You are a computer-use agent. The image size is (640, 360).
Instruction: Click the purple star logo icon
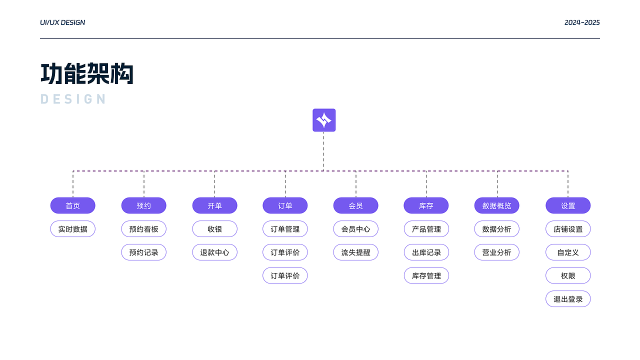324,120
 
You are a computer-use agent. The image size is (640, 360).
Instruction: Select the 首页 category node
72,205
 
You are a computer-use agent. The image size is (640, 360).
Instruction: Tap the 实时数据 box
72,229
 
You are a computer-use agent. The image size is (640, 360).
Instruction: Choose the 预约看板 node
143,229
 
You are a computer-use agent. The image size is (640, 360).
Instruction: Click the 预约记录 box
143,252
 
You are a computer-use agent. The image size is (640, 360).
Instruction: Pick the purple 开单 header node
214,205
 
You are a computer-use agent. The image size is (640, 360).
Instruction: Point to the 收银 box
214,229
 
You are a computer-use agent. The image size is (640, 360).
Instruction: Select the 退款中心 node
214,252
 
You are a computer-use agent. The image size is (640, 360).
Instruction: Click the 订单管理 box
285,229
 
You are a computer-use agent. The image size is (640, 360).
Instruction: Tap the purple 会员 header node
355,205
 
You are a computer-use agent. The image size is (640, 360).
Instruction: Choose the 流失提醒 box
355,252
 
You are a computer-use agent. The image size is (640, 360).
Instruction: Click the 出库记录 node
426,252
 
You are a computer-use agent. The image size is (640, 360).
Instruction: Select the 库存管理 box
426,275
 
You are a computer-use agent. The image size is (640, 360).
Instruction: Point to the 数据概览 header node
496,205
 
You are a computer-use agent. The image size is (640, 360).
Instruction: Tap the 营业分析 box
496,252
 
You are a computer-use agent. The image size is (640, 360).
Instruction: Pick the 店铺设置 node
568,229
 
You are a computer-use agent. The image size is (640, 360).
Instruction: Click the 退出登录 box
568,299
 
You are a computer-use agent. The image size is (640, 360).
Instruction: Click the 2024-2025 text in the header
582,22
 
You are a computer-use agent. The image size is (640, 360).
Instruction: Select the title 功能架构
87,74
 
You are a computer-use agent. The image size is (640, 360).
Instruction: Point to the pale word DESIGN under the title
73,99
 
